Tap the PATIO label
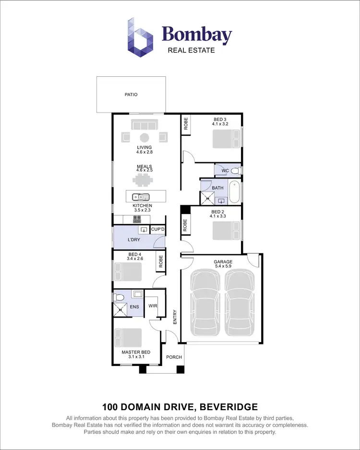(131, 95)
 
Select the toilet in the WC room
(234, 170)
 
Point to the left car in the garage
(206, 303)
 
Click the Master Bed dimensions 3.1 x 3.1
(136, 357)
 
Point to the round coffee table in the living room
(144, 137)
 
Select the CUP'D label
(158, 229)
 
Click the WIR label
(153, 306)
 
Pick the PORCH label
(174, 357)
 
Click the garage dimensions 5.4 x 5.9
(223, 267)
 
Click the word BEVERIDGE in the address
(229, 407)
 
